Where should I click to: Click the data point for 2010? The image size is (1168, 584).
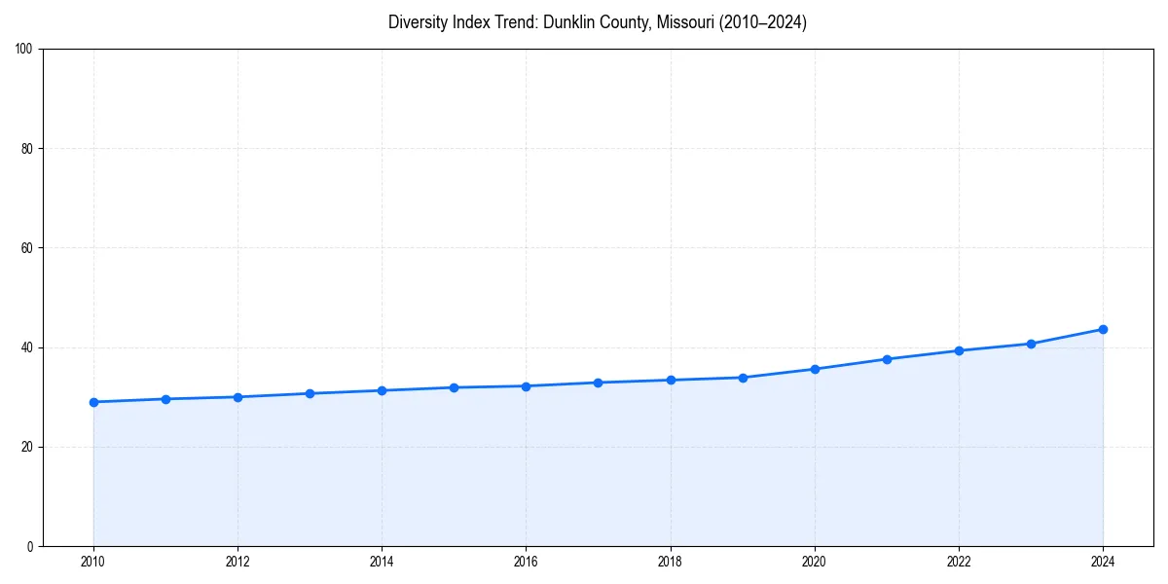tap(93, 402)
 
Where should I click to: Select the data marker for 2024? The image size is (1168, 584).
tap(1103, 329)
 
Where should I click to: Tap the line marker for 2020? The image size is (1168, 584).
tap(815, 369)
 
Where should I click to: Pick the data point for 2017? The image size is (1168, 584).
tap(599, 383)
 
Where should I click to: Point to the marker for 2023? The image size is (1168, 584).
tap(1031, 344)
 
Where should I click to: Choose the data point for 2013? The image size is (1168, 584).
tap(310, 393)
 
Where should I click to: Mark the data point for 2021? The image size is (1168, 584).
tap(887, 359)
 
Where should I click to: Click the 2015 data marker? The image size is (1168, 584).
tap(454, 387)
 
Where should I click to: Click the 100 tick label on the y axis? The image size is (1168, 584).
tap(24, 50)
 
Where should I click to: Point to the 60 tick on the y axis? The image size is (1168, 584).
tap(27, 248)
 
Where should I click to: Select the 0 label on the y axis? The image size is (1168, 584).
tap(30, 546)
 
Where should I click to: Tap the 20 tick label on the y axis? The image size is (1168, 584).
tap(27, 447)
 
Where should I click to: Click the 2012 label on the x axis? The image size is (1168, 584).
tap(237, 562)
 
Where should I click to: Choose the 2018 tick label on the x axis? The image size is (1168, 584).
tap(671, 562)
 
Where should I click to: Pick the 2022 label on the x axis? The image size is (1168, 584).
tap(959, 562)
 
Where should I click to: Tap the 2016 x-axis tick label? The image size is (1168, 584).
tap(526, 562)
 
